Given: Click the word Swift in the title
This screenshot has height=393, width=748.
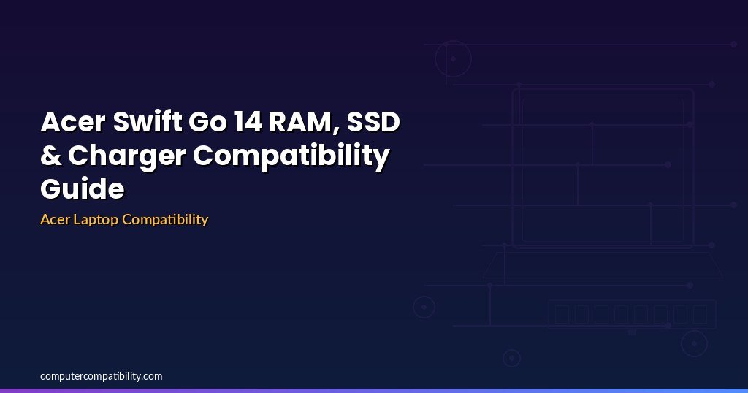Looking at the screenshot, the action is pos(148,121).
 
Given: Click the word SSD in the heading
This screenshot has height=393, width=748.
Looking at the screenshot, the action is pos(373,121).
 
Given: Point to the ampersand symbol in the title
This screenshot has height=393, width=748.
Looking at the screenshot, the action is pos(51,155).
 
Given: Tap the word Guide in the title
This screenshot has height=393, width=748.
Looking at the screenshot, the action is pos(83,188).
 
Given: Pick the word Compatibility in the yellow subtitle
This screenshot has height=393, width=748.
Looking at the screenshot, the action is pos(165,220).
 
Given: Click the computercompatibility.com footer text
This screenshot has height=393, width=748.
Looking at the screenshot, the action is pos(101,376).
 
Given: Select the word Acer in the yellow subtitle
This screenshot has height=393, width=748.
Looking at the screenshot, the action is pos(55,219).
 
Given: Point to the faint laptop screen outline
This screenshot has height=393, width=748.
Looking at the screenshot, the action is pos(603,89).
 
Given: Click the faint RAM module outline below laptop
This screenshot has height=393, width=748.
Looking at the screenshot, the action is pos(632,300).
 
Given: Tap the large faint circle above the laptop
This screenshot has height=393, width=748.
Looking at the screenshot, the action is pos(453,41).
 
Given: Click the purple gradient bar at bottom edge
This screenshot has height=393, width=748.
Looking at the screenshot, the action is pos(374,391).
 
